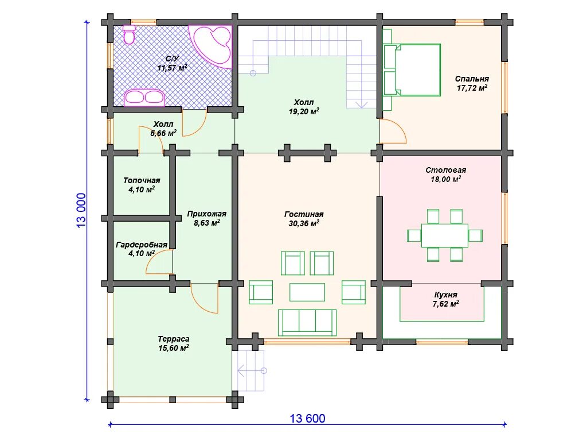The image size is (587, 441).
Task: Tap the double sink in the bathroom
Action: coord(144,97)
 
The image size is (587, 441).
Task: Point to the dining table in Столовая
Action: coord(444,235)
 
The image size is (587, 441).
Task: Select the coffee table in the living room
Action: coord(307,292)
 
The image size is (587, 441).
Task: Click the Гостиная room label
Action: coord(304,214)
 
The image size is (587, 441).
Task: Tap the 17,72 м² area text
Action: coord(472,88)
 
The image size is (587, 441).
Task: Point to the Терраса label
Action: coord(174,339)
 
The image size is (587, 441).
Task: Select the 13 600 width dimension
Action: coord(307,419)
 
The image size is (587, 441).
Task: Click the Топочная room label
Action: coord(142,180)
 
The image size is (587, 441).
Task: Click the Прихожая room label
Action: coord(206,214)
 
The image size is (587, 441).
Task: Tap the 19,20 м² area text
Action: coord(304,111)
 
